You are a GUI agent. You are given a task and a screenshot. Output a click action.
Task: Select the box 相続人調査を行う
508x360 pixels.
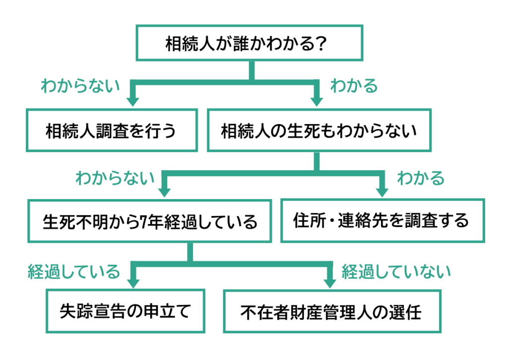111,131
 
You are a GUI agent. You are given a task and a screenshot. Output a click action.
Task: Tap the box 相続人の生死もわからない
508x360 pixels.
318,131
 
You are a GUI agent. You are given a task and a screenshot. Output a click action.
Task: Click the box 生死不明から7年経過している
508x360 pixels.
150,220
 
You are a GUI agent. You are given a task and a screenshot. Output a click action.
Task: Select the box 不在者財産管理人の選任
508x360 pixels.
331,311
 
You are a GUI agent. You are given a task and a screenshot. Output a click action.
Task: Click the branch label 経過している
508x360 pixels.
73,271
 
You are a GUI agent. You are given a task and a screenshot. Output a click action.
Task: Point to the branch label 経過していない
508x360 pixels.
396,271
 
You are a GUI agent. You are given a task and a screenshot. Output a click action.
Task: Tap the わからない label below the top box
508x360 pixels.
80,86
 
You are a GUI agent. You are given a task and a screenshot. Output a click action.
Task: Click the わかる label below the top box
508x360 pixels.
354,86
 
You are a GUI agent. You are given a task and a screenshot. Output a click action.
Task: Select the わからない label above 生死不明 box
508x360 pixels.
115,178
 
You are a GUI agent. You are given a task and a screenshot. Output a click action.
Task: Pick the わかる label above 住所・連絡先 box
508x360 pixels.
421,178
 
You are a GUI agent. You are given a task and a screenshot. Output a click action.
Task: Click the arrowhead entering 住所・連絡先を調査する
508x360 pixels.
382,191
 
